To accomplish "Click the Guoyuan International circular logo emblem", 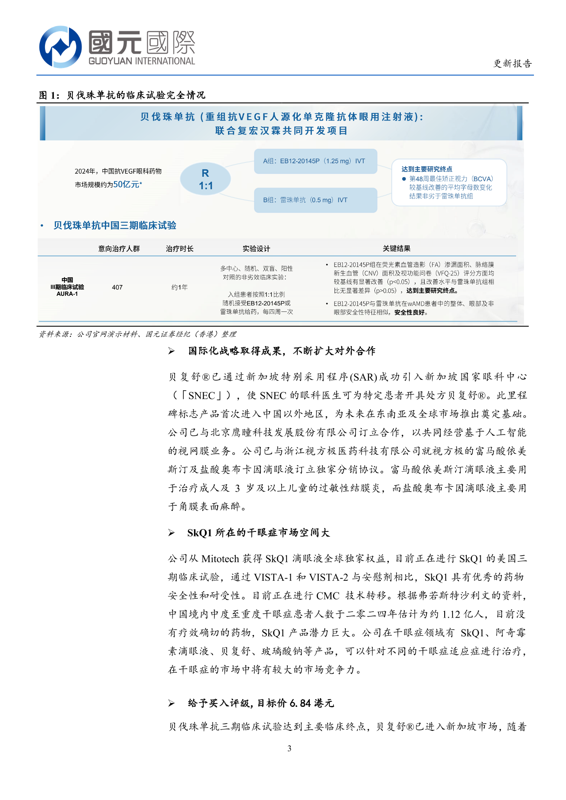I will pyautogui.click(x=60, y=47).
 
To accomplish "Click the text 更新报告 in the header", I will pyautogui.click(x=512, y=64).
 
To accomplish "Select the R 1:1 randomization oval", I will pyautogui.click(x=205, y=179).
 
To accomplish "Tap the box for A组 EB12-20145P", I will pyautogui.click(x=315, y=161).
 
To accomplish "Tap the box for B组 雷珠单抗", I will pyautogui.click(x=315, y=200).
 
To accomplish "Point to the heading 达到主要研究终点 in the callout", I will pyautogui.click(x=426, y=169).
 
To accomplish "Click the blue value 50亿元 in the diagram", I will pyautogui.click(x=126, y=185).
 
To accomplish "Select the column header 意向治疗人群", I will pyautogui.click(x=119, y=249).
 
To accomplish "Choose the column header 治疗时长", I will pyautogui.click(x=179, y=249).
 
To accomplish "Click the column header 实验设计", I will pyautogui.click(x=256, y=249).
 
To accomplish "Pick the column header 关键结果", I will pyautogui.click(x=396, y=249).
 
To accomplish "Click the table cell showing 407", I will pyautogui.click(x=117, y=287).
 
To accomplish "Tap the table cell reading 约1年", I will pyautogui.click(x=179, y=287).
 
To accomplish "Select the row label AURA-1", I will pyautogui.click(x=67, y=294).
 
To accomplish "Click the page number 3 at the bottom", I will pyautogui.click(x=289, y=748).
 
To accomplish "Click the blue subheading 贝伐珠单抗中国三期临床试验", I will pyautogui.click(x=115, y=226).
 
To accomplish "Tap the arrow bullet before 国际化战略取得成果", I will pyautogui.click(x=172, y=351).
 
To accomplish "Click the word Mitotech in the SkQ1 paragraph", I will pyautogui.click(x=220, y=559).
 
